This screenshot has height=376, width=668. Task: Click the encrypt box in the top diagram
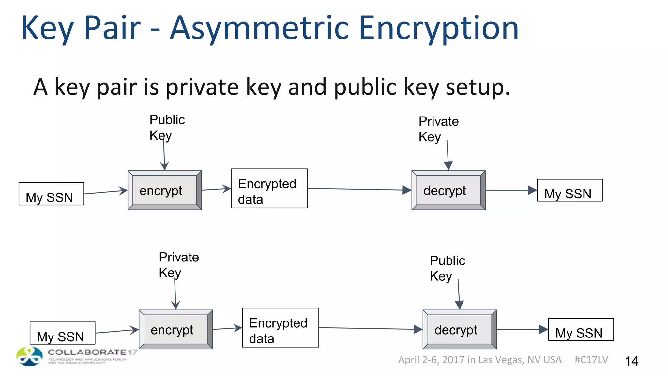[164, 190]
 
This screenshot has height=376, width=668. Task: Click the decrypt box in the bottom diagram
[459, 329]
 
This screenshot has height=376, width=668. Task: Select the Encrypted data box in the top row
[269, 188]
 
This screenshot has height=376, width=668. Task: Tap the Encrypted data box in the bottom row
[280, 328]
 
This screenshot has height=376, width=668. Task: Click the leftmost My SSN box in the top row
[51, 194]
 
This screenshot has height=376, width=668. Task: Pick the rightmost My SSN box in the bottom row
[581, 329]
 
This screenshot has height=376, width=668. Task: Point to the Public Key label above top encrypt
[167, 128]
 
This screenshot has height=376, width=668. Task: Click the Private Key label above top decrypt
[438, 129]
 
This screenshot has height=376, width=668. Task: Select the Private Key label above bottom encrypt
[178, 265]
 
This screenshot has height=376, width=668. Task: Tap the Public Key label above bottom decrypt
[447, 268]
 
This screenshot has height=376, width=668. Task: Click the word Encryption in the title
[438, 29]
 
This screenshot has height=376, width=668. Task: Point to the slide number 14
[631, 361]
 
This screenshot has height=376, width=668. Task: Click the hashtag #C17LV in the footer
[591, 360]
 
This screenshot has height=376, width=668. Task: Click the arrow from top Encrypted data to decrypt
[359, 189]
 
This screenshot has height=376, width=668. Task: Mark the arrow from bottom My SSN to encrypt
[117, 331]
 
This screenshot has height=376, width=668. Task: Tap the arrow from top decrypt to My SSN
[511, 190]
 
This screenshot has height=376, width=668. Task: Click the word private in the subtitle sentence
[202, 87]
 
